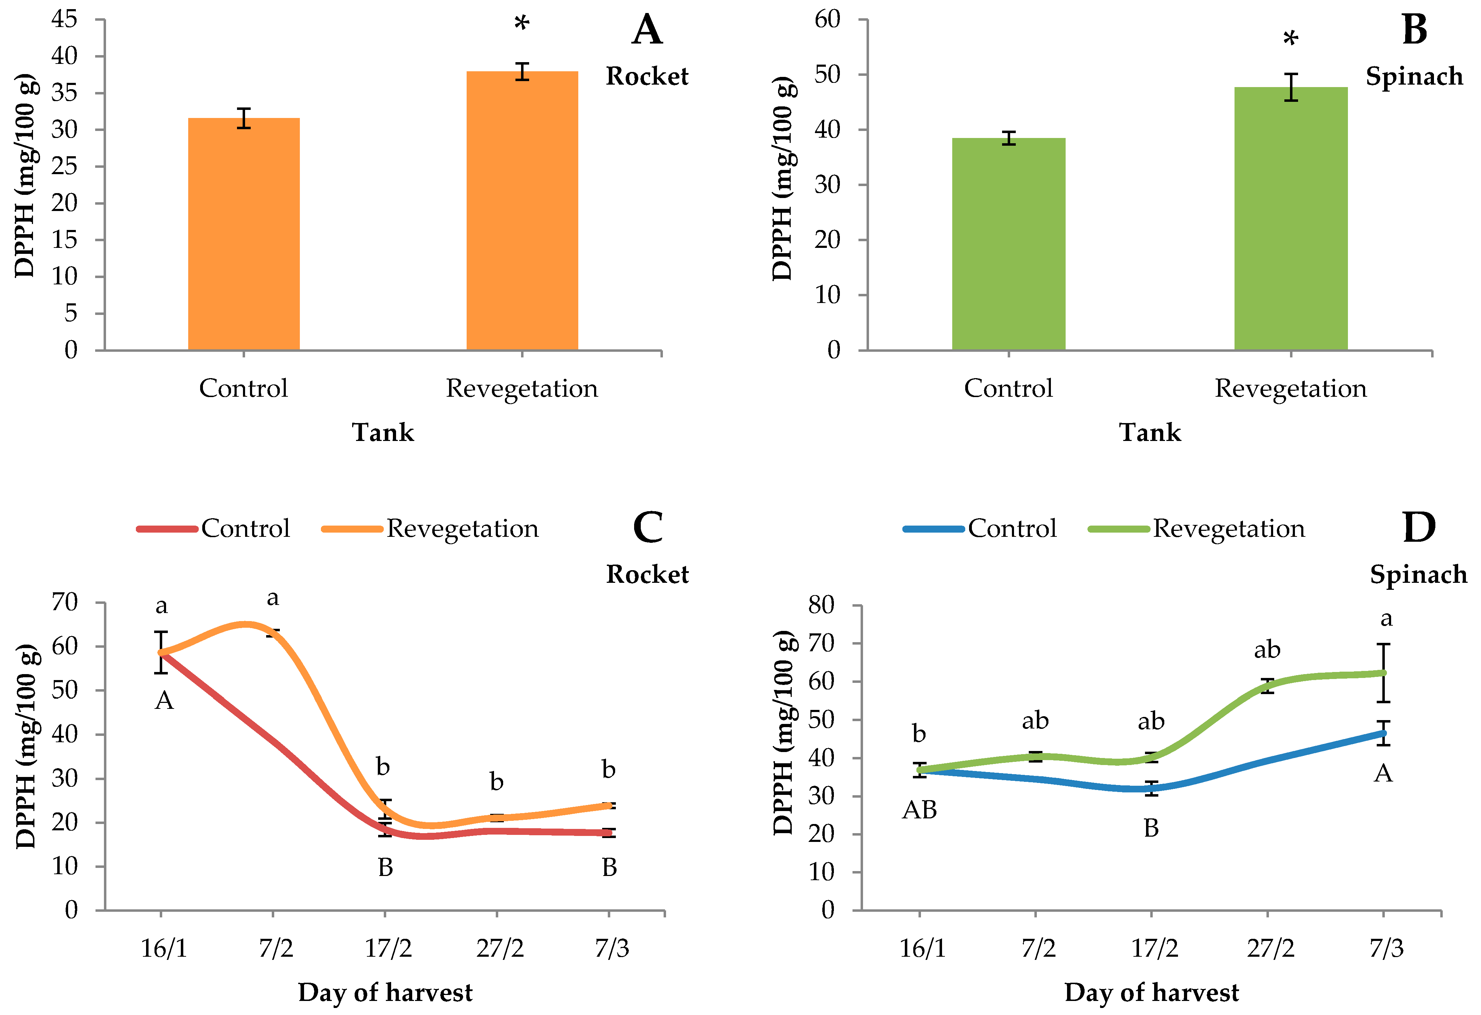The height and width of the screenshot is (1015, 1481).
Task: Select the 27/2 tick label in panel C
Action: tap(500, 949)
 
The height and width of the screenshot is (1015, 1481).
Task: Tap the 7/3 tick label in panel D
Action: tap(1387, 949)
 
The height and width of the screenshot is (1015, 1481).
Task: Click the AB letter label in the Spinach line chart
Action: tap(920, 810)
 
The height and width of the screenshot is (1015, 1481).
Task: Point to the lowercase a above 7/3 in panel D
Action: tap(1386, 619)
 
